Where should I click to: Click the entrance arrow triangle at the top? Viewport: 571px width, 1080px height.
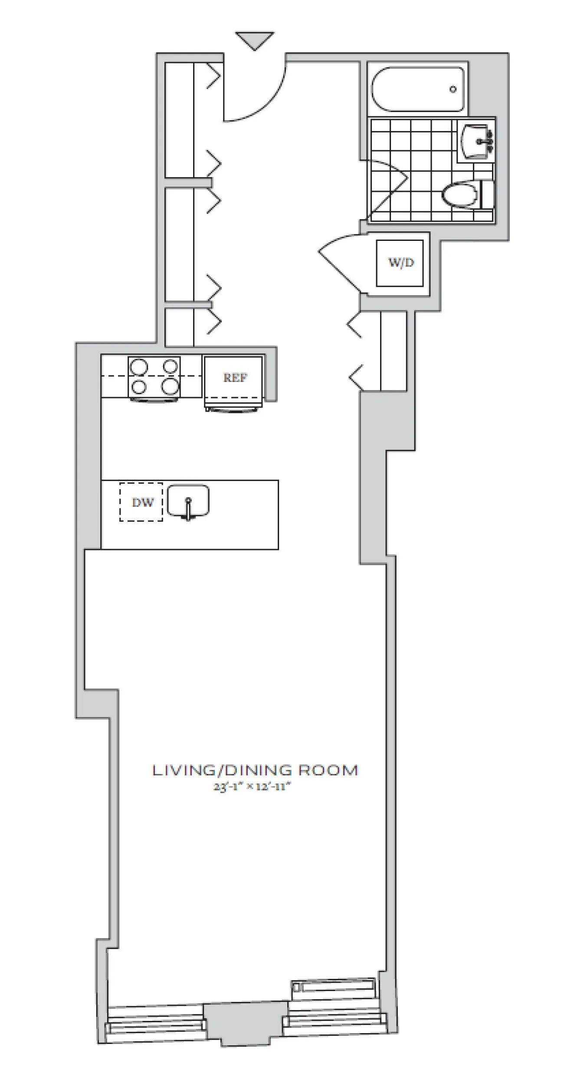pos(255,40)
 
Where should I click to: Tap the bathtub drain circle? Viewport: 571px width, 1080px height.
pos(453,89)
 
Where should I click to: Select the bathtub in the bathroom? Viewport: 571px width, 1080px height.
pos(417,89)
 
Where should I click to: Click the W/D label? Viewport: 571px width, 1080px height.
pos(400,263)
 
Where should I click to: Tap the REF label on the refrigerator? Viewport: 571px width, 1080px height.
pos(235,378)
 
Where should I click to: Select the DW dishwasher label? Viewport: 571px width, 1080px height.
pos(142,502)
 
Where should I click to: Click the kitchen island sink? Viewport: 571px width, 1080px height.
pos(188,501)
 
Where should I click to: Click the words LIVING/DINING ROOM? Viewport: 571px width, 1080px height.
pos(255,770)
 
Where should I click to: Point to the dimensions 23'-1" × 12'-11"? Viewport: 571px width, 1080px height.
pos(251,787)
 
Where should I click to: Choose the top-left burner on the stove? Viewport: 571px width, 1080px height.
pos(139,367)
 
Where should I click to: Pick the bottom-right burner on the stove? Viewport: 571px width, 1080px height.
pos(170,386)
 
